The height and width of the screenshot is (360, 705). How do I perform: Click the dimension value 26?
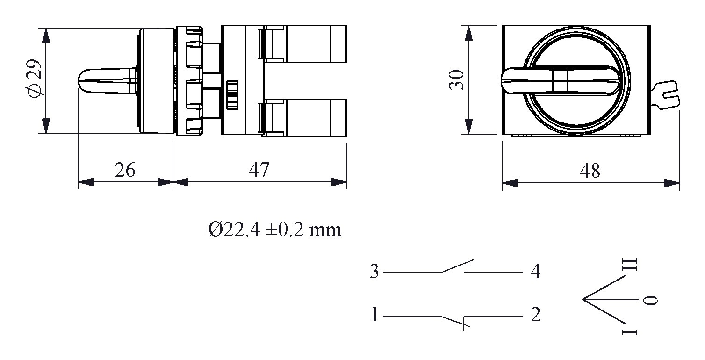[125, 170]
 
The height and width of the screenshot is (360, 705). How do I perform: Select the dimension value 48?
[590, 171]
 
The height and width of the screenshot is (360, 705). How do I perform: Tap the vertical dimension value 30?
[456, 80]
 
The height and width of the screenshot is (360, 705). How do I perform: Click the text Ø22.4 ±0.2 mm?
[275, 230]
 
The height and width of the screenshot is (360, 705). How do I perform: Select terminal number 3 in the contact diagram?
[374, 272]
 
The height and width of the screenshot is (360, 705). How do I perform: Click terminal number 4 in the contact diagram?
[535, 272]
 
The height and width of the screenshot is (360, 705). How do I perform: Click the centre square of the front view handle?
[559, 80]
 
